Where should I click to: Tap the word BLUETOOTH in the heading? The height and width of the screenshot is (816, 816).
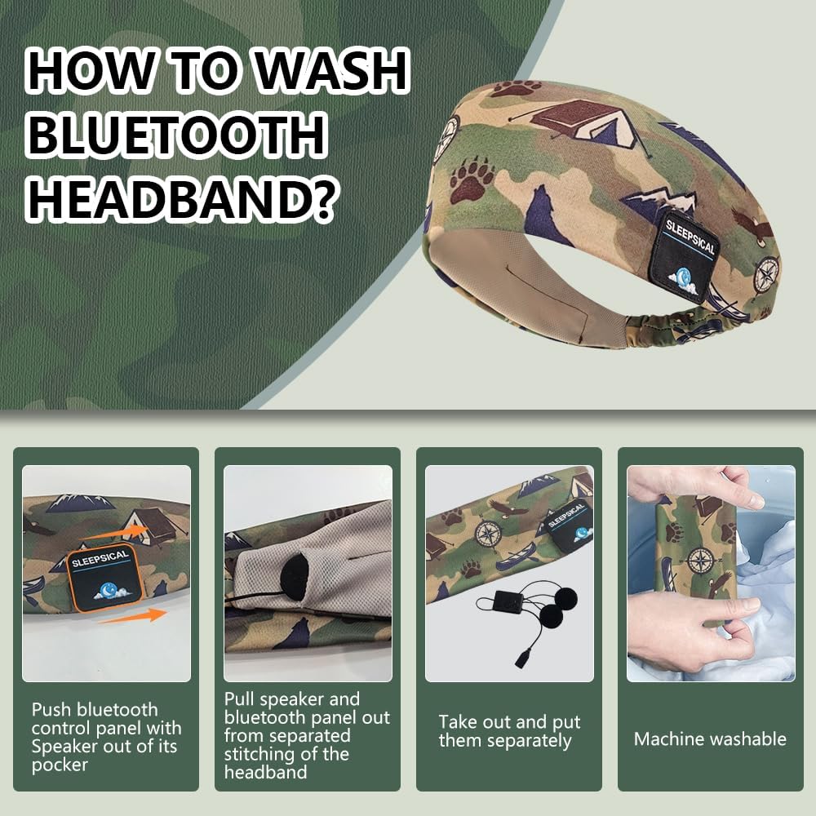point(176,135)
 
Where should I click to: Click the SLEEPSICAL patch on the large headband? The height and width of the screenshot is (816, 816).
point(687,255)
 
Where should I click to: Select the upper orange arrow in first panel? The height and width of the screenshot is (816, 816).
point(116,532)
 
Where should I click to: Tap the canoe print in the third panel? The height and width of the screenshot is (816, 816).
point(515,561)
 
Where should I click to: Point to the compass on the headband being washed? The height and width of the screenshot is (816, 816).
point(700,561)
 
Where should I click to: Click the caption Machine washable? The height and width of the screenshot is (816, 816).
point(710,739)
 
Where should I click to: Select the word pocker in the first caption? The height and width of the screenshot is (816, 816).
point(60,765)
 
